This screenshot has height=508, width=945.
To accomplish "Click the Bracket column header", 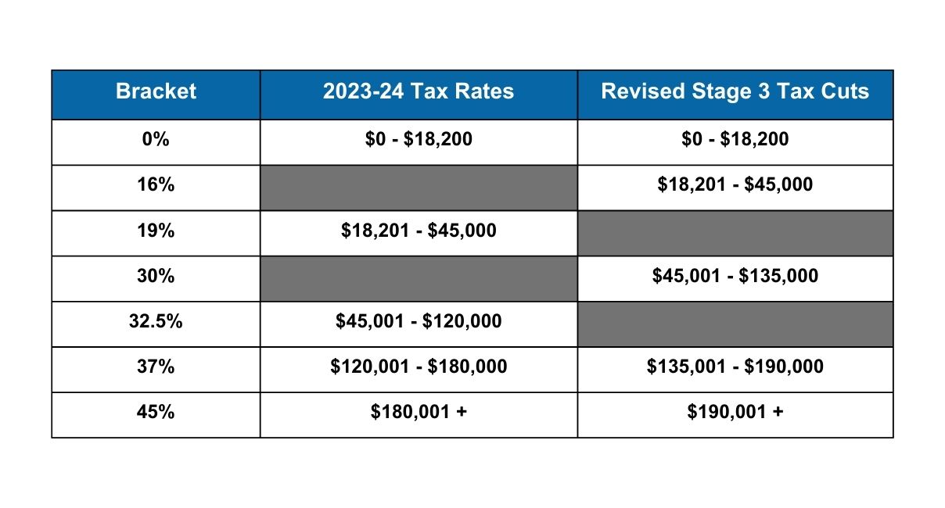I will coord(156,91).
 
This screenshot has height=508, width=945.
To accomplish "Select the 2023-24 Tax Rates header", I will coord(419,91).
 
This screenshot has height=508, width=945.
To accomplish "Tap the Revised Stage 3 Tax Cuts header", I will coord(735,91).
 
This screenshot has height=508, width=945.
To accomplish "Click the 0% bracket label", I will coord(156,140).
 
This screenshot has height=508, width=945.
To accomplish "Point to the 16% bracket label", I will coord(156,185).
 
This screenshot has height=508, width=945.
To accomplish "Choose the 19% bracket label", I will coord(156,231).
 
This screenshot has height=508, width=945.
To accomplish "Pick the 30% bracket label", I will coord(156,276).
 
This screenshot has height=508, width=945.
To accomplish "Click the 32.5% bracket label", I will coord(156,321).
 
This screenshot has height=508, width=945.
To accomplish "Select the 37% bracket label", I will coord(156,367).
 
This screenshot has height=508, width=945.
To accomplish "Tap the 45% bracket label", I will coord(156,412).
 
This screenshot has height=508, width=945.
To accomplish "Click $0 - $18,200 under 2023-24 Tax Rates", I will coord(419,140).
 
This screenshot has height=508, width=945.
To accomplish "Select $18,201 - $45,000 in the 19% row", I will coord(419,231).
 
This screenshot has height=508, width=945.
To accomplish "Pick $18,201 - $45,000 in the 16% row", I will coord(735,185).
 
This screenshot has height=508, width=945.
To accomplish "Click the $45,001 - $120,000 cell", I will coord(419,321).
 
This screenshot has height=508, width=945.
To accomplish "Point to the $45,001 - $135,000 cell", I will coord(735,276).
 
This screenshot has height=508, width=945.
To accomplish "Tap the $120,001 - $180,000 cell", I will coord(419,367).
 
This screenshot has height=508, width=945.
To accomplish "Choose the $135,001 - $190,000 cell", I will coord(735,367).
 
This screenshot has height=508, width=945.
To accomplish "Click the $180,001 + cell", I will coord(419,412).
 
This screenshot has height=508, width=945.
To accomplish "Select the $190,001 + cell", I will coord(735,412).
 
